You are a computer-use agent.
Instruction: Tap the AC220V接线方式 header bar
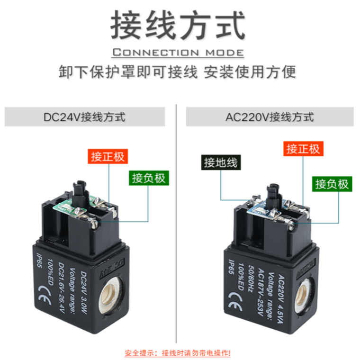(x=270, y=117)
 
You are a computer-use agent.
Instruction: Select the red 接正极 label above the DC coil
(x=108, y=157)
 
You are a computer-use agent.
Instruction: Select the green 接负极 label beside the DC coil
(x=148, y=178)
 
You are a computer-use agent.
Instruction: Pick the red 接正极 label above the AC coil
(x=303, y=149)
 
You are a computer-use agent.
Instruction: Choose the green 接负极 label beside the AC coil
(x=332, y=184)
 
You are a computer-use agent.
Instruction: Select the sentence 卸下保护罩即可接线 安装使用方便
(x=178, y=72)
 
